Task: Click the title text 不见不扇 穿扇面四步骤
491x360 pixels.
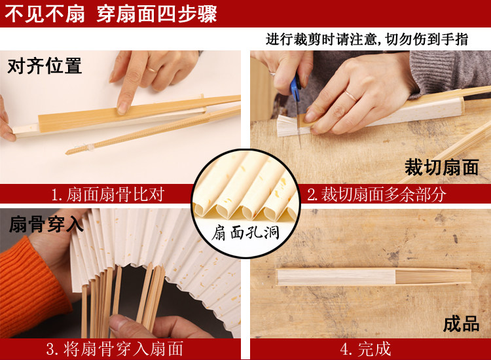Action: (x=111, y=14)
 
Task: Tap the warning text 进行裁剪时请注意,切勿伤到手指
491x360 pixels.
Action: (x=367, y=39)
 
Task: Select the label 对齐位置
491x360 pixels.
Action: (x=45, y=66)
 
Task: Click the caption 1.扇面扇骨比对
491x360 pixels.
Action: (x=107, y=194)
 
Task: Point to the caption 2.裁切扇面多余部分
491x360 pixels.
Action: (x=376, y=194)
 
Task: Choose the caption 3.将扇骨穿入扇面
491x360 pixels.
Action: (x=115, y=349)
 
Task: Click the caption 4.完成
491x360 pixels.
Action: (x=366, y=349)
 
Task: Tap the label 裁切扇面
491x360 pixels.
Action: (x=442, y=168)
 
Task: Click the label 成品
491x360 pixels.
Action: (x=462, y=324)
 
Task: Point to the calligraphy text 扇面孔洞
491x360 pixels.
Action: (x=245, y=232)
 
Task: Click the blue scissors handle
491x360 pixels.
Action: (x=295, y=88)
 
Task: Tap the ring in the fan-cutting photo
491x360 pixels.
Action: (x=351, y=96)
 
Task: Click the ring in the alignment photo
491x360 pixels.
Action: (x=152, y=69)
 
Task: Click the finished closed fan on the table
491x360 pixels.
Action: (x=374, y=277)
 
